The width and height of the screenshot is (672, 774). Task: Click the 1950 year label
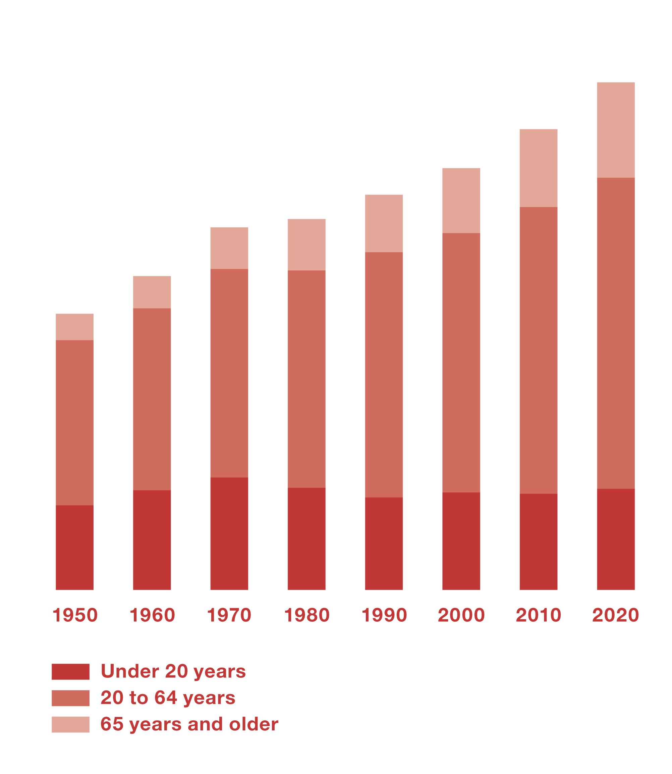75,615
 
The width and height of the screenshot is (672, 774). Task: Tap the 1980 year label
306,615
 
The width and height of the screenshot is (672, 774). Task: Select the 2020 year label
615,615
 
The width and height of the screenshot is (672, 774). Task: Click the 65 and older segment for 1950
75,327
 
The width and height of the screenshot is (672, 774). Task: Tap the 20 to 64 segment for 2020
616,333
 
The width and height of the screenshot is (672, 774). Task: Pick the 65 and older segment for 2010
539,168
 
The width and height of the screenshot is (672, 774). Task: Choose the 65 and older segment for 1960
152,292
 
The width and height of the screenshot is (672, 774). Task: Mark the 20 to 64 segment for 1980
306,379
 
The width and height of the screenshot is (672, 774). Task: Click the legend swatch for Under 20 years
70,672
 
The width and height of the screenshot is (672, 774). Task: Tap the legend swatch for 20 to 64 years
70,698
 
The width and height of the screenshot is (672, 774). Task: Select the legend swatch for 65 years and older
70,724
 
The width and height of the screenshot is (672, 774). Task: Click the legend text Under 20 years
173,672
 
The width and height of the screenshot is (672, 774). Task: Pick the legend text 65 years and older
189,724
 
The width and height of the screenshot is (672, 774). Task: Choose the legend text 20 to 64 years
168,698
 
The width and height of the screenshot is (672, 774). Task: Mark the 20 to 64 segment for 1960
152,399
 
